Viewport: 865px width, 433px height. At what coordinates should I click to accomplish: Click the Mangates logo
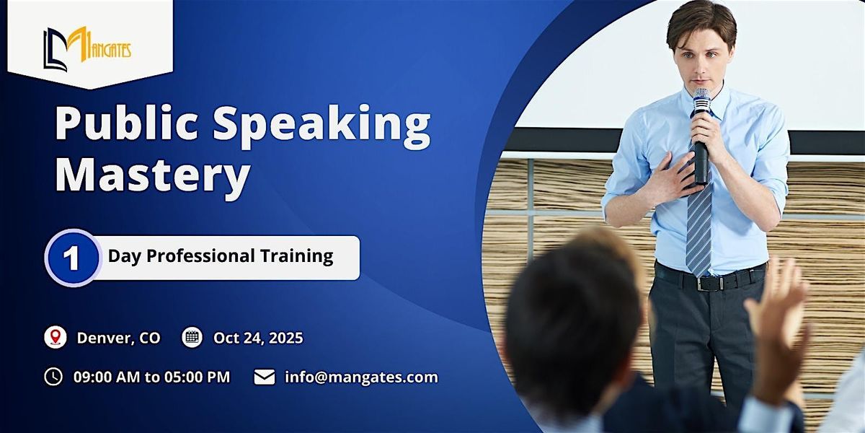(x=87, y=49)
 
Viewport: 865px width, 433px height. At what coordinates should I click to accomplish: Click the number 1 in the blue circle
(x=72, y=258)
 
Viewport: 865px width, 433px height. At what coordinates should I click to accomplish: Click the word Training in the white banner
(x=296, y=257)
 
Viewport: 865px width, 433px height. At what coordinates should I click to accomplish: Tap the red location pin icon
(x=56, y=337)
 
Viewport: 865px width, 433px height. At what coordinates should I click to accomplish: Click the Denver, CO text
(x=118, y=338)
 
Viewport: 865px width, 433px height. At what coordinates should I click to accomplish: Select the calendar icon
(x=192, y=337)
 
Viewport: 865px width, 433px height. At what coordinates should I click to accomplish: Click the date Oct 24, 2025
(x=258, y=338)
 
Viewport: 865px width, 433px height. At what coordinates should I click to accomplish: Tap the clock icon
(x=53, y=377)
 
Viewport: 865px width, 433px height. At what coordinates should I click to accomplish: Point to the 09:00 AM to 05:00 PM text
(x=152, y=377)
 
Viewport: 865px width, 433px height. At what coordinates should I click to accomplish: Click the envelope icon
(x=265, y=377)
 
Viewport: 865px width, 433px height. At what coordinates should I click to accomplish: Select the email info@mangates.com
(x=361, y=377)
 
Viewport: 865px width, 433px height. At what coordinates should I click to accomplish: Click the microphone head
(x=701, y=100)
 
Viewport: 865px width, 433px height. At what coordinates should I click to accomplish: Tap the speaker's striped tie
(x=699, y=224)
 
